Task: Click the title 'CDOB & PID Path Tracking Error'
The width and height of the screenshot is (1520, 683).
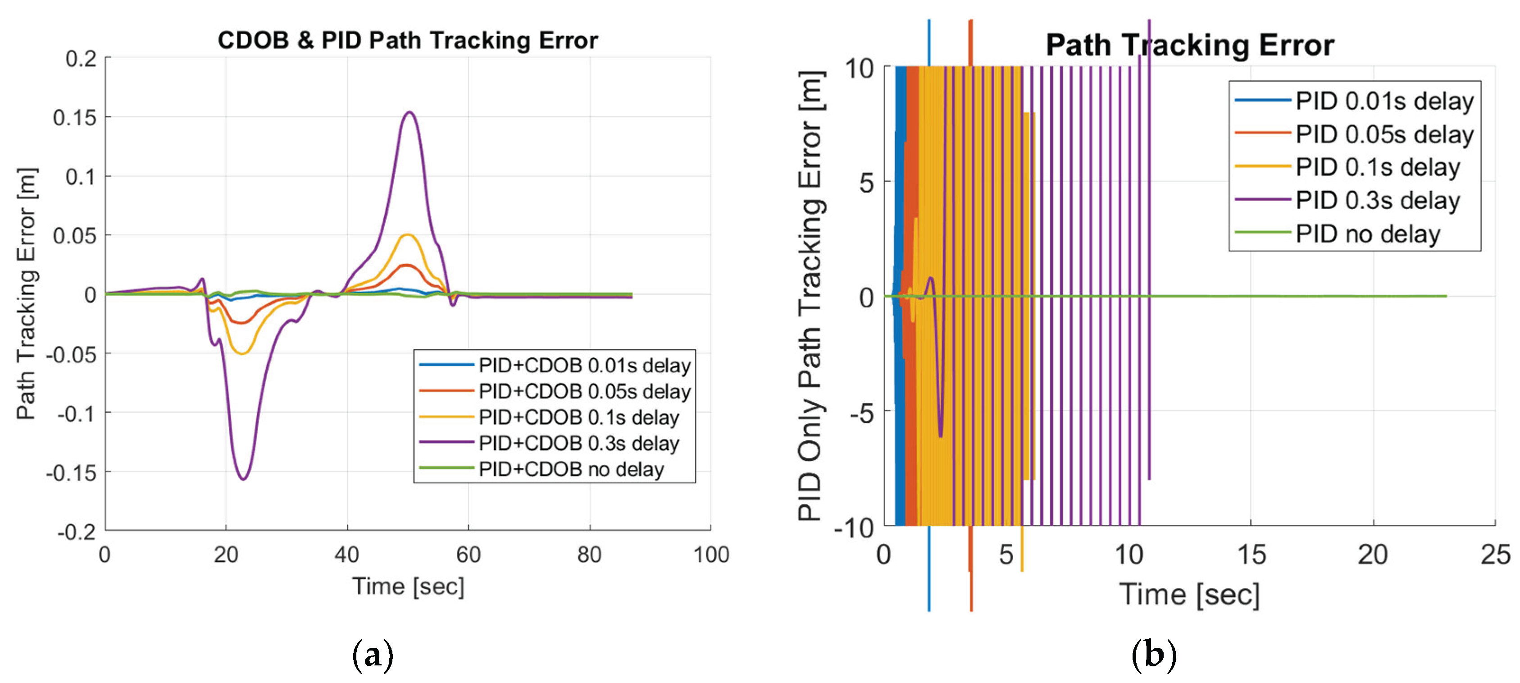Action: pos(407,40)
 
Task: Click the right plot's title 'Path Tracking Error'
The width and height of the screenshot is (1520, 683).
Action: pos(1190,45)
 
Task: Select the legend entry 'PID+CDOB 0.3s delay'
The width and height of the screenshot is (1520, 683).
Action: pos(578,443)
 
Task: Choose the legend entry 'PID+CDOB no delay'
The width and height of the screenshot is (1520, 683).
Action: pos(571,469)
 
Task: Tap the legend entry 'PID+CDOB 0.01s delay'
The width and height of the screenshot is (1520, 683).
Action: pos(584,366)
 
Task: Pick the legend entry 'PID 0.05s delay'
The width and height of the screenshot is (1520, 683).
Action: pos(1383,135)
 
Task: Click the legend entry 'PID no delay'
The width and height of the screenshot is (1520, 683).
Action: pos(1367,234)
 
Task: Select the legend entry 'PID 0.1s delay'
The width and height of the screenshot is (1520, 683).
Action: pos(1377,168)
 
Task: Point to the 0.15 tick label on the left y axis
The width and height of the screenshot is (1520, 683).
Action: pos(74,118)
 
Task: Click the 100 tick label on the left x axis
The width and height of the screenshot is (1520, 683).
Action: pos(711,555)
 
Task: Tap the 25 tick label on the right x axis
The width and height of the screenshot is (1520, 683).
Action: pos(1495,555)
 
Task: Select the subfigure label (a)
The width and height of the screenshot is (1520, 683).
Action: pos(372,655)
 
